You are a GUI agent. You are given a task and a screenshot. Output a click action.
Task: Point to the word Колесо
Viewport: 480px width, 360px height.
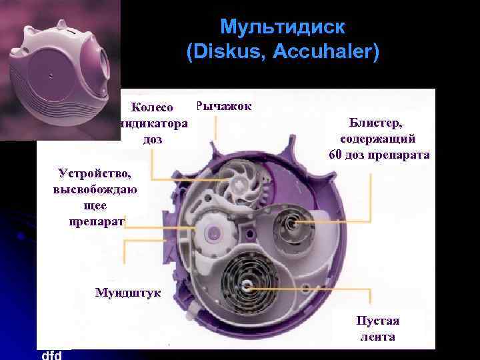(x=152, y=107)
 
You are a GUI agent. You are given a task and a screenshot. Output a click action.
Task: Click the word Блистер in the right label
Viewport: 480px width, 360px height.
(x=377, y=123)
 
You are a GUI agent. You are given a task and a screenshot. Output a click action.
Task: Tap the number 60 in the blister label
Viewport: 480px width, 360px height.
(x=337, y=155)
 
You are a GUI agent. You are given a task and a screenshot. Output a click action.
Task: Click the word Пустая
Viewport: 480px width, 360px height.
(x=377, y=321)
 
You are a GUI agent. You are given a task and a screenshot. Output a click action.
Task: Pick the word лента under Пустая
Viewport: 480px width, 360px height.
(x=377, y=337)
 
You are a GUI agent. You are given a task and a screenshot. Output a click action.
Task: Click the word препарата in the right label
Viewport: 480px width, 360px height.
(x=402, y=155)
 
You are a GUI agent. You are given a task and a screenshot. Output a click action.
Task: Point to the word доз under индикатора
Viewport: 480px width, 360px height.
(x=152, y=140)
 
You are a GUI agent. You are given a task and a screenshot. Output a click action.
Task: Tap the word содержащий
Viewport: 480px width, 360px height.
(x=377, y=139)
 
